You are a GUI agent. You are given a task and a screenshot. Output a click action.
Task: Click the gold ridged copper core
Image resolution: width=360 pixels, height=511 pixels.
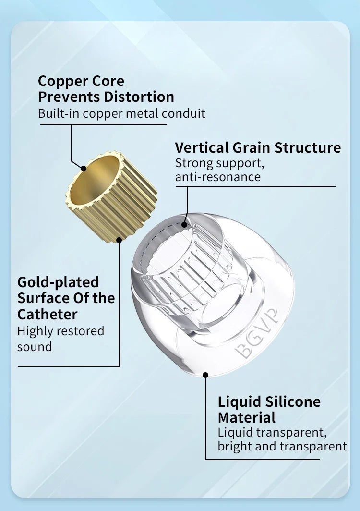coord(111,196)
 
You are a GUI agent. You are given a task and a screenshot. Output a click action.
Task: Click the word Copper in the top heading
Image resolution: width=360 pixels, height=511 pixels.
coord(60,81)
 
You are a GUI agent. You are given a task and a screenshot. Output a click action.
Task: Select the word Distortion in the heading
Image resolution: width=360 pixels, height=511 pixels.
coord(139,97)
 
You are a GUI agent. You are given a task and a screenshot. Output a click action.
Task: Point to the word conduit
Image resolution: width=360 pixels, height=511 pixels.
coord(183,113)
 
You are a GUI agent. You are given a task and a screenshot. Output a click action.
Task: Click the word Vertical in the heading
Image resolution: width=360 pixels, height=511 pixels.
coord(202,147)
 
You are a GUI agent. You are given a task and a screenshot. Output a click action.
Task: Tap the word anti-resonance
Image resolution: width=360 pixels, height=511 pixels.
coord(218,177)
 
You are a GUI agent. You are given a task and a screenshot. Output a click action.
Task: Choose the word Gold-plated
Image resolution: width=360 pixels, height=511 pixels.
coord(58,282)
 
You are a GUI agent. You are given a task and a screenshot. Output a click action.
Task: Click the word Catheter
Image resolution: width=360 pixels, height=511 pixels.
coord(48,315)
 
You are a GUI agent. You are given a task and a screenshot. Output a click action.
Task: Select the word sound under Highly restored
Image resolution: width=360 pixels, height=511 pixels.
coord(35,347)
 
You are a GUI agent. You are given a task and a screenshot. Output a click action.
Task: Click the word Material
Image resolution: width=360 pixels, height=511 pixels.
coord(247,417)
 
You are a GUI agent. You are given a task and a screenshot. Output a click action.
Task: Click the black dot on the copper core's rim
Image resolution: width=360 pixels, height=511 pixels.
coord(84,169)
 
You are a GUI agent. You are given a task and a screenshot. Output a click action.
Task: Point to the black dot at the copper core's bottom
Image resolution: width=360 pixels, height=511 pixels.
coord(119,240)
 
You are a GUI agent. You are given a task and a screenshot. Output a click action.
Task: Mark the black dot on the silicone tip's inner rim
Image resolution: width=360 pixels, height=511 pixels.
coord(184,225)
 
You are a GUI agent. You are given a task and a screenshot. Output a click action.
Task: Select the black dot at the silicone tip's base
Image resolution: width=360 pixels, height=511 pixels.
coord(205,375)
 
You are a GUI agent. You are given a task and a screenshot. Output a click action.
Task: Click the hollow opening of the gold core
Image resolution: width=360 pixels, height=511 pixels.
coord(95,179)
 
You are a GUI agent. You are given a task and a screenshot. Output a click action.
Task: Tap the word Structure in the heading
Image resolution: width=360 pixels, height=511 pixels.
coord(308,147)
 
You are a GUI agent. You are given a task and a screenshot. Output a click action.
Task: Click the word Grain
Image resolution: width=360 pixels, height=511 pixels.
coord(252,147)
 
